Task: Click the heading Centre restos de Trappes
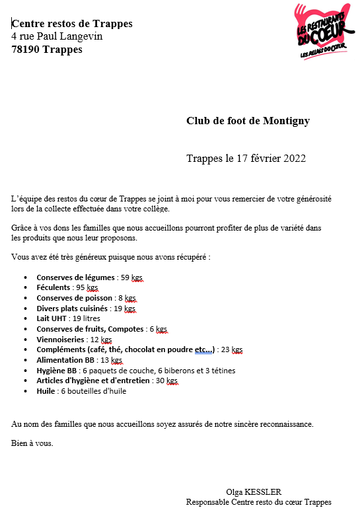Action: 72,24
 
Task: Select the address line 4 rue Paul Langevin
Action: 57,36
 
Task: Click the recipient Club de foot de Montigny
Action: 248,121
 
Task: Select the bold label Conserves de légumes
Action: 75,277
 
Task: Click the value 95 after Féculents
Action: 80,288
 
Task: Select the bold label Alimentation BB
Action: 66,360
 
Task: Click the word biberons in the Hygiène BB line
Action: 178,371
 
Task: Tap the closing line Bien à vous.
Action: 32,443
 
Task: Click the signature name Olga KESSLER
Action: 254,492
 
